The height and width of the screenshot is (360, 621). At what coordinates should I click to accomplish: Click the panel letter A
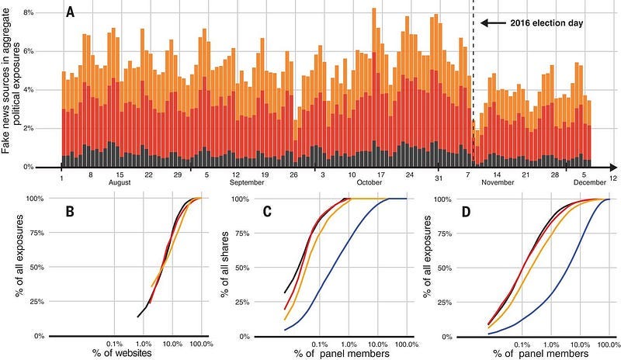tap(70, 12)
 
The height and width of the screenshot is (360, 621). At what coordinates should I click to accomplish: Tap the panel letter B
tap(70, 212)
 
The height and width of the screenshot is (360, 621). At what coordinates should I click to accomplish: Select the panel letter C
tap(267, 212)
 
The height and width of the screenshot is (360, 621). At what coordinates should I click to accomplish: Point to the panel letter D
tap(467, 212)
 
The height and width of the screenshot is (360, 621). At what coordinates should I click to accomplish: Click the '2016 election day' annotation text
tap(546, 23)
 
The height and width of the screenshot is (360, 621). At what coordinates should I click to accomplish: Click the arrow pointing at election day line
tap(493, 23)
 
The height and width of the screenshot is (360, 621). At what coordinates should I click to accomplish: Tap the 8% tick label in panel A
tap(29, 12)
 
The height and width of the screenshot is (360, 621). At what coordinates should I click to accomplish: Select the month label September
tap(247, 182)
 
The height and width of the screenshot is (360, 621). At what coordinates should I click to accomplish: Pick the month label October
tap(369, 182)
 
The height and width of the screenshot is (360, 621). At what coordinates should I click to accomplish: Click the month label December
tap(590, 182)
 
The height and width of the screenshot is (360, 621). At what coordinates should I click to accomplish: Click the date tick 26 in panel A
tap(293, 175)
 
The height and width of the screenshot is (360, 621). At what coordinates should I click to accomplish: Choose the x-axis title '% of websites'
tap(122, 352)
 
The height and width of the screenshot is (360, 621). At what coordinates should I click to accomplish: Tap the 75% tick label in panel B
tap(36, 233)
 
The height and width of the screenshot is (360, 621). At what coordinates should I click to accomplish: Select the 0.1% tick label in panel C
tap(320, 344)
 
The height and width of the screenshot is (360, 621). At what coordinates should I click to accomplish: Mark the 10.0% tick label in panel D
tap(580, 344)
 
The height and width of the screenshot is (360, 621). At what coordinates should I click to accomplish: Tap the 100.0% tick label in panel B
tap(202, 344)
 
